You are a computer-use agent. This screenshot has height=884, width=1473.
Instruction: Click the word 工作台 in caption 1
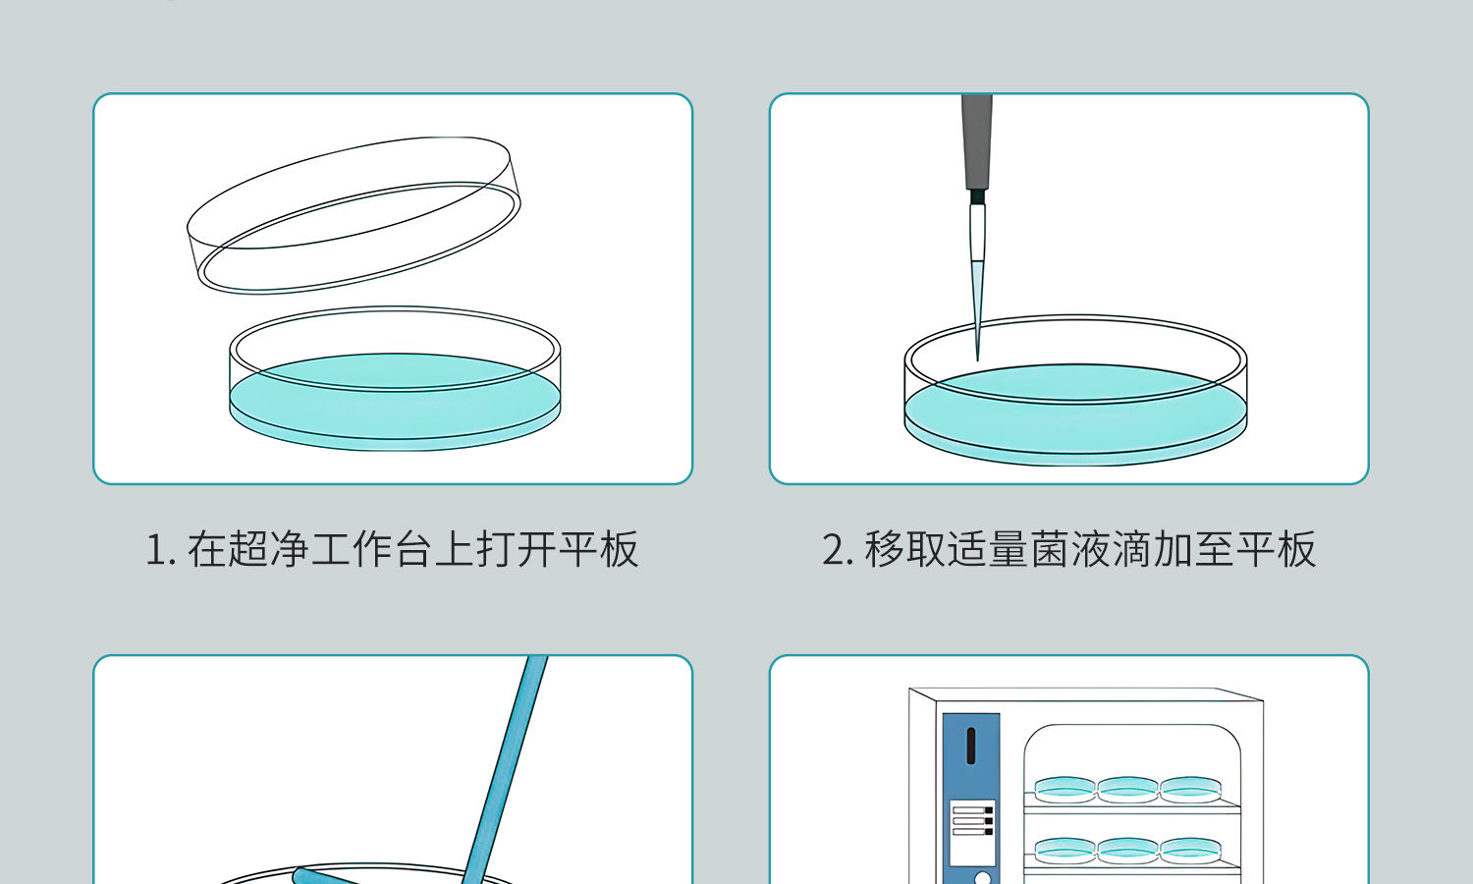click(371, 550)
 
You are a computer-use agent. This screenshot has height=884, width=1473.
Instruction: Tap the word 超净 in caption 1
click(269, 550)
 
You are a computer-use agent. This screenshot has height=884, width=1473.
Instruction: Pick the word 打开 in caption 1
click(517, 550)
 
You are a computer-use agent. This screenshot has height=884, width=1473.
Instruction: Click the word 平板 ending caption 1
click(599, 550)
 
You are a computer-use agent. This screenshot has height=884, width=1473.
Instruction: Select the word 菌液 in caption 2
click(1071, 550)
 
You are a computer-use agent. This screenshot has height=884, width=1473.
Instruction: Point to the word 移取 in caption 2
click(905, 550)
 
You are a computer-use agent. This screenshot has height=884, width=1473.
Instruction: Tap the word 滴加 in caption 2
click(1154, 550)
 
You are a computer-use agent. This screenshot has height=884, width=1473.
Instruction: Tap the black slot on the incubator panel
click(970, 746)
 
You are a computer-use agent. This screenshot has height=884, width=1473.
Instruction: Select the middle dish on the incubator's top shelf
click(1128, 789)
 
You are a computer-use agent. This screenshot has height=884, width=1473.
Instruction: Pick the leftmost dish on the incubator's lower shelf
click(1065, 850)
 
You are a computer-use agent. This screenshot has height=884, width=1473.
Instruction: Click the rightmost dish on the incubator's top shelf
click(1191, 789)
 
